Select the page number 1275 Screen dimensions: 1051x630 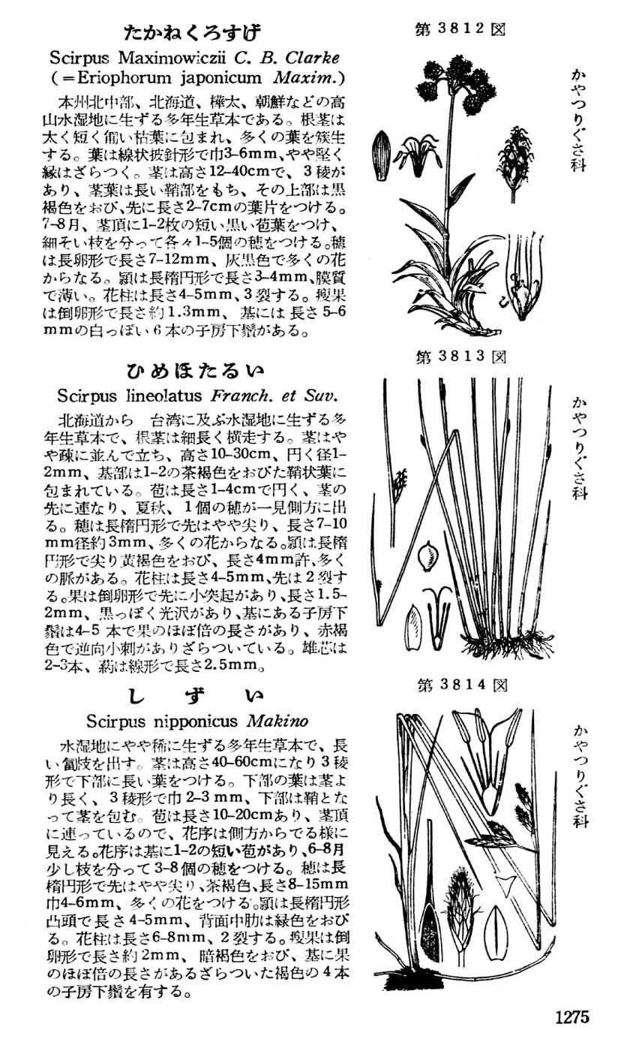click(x=572, y=1017)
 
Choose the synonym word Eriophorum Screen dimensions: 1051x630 click(x=120, y=77)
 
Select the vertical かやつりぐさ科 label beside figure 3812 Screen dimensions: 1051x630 click(x=579, y=120)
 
